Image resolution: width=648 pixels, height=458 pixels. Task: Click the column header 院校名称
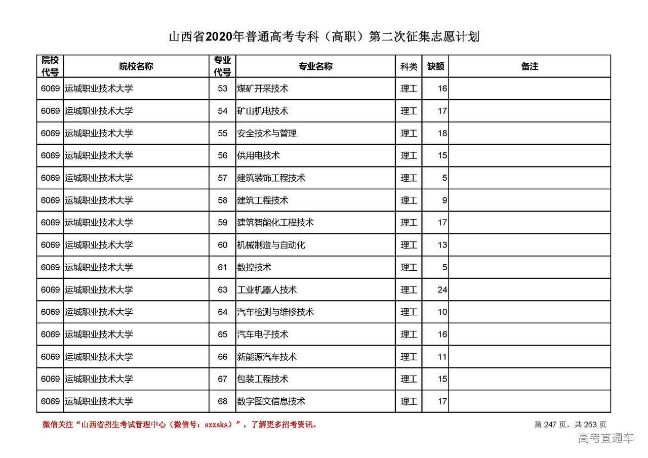click(x=136, y=66)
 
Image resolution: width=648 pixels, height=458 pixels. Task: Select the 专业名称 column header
click(x=315, y=66)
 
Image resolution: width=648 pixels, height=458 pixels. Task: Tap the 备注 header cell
click(x=530, y=66)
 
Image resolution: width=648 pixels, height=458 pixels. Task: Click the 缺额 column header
click(x=435, y=66)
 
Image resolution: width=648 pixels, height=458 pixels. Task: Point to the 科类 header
click(x=409, y=66)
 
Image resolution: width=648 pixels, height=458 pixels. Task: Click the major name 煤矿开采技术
click(x=263, y=89)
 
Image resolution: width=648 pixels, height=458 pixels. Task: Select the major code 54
click(x=223, y=111)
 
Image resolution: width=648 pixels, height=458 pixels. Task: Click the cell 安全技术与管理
click(x=267, y=134)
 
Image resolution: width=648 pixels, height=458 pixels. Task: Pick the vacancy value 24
click(x=442, y=290)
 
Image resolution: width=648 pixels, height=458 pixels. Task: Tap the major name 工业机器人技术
click(x=267, y=290)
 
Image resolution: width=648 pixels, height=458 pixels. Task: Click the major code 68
click(x=223, y=401)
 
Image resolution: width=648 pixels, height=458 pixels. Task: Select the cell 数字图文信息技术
click(x=271, y=401)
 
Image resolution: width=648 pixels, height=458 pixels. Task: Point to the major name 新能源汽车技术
click(x=267, y=357)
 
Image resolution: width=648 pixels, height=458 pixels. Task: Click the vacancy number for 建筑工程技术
click(x=444, y=200)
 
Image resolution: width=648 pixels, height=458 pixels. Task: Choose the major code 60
click(x=223, y=245)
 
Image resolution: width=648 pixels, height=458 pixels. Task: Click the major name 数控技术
click(x=254, y=267)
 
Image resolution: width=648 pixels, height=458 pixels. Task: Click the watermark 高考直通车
click(x=605, y=438)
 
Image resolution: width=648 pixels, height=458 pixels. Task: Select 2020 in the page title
click(x=218, y=37)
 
